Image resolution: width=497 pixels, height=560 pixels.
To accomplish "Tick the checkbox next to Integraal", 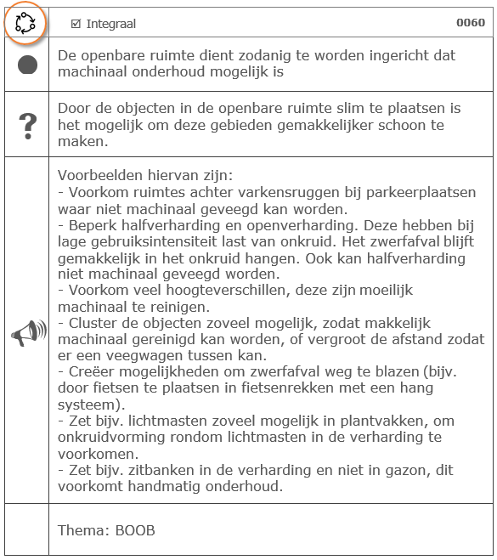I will [x=76, y=24].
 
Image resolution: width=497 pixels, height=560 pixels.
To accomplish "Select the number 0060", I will [x=471, y=23].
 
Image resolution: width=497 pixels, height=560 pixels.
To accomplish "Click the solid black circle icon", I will [x=27, y=65].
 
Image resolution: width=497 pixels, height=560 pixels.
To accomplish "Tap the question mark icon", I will [x=27, y=125].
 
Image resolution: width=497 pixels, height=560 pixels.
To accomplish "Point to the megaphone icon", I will [x=27, y=333].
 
